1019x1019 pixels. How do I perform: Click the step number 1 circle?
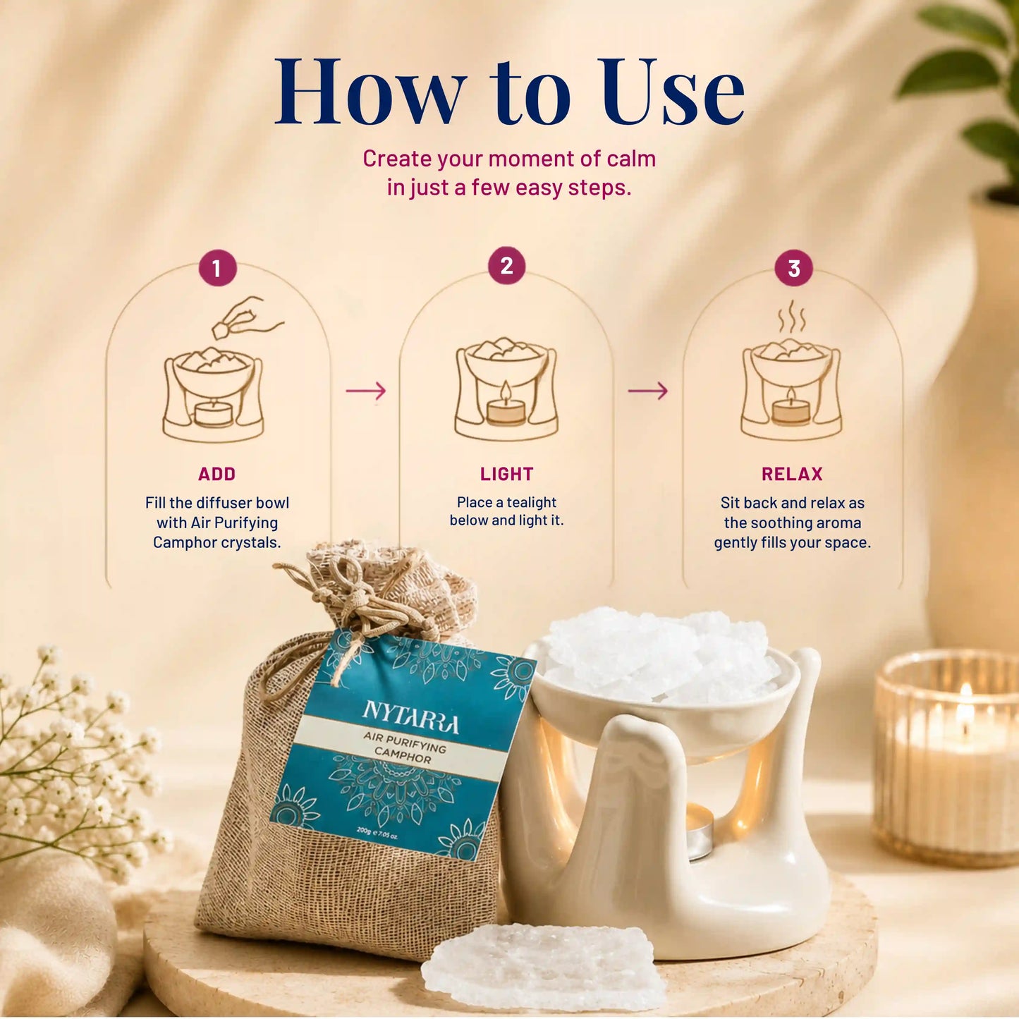click(217, 268)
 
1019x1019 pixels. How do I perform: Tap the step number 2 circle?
click(506, 265)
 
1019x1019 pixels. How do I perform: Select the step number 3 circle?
click(794, 268)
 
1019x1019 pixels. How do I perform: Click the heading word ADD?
click(216, 474)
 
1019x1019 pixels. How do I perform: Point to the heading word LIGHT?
click(506, 474)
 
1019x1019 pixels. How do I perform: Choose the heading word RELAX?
click(792, 474)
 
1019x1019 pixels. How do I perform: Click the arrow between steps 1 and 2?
click(366, 391)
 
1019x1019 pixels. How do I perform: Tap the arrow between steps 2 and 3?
click(648, 391)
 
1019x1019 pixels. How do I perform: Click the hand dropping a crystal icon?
click(247, 317)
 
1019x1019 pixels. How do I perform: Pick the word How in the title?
click(370, 91)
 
